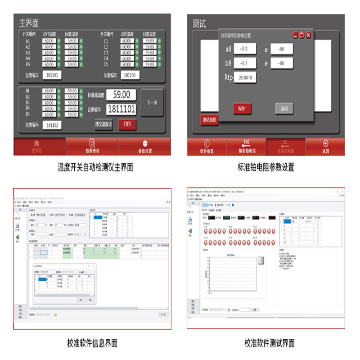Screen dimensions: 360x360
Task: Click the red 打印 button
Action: [x=127, y=124]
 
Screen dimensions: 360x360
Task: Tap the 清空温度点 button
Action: [x=103, y=124]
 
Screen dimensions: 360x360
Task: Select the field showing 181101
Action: [x=53, y=75]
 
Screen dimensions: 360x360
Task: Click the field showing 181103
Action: [x=130, y=75]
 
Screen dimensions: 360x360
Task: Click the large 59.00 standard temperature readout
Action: [x=121, y=94]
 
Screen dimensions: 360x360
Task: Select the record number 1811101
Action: [x=121, y=109]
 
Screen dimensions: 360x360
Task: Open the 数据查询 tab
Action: [x=92, y=147]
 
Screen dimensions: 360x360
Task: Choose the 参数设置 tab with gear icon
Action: [x=145, y=147]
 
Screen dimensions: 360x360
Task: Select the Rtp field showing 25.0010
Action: [x=246, y=77]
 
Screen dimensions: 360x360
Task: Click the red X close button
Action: [x=308, y=35]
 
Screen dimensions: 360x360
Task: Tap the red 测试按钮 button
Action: [x=209, y=120]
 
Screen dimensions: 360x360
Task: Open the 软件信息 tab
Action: [x=207, y=147]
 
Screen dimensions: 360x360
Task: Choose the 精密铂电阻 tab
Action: [x=246, y=147]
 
